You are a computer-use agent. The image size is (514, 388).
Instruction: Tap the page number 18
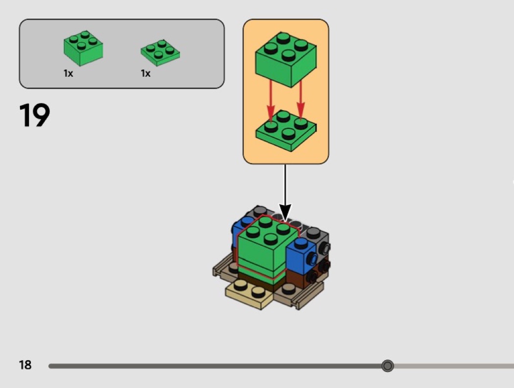tap(25, 365)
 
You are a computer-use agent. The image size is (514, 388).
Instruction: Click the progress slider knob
tap(388, 365)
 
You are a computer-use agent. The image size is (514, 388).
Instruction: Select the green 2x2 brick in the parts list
tap(83, 48)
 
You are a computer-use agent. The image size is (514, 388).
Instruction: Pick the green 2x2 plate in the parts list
tap(160, 53)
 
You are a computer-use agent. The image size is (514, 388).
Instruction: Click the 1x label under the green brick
tap(68, 73)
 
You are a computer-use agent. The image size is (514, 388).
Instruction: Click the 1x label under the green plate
tap(145, 73)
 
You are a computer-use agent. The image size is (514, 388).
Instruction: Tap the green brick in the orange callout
tap(286, 60)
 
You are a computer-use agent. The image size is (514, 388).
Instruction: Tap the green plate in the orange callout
tap(286, 131)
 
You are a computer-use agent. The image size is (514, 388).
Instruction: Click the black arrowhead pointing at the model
tap(285, 213)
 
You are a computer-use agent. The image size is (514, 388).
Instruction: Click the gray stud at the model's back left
tap(260, 210)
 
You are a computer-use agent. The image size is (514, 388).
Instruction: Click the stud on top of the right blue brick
tap(301, 243)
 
